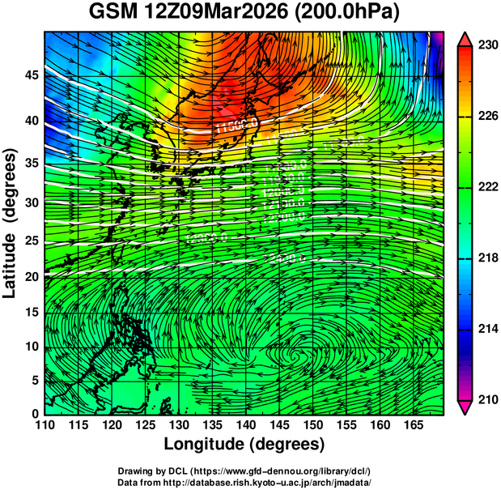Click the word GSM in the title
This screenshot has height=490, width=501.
pyautogui.click(x=112, y=14)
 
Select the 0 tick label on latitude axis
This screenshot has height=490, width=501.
pyautogui.click(x=34, y=413)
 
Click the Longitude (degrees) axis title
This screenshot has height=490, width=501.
pyautogui.click(x=244, y=445)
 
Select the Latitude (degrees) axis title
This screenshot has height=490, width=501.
pyautogui.click(x=11, y=222)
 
